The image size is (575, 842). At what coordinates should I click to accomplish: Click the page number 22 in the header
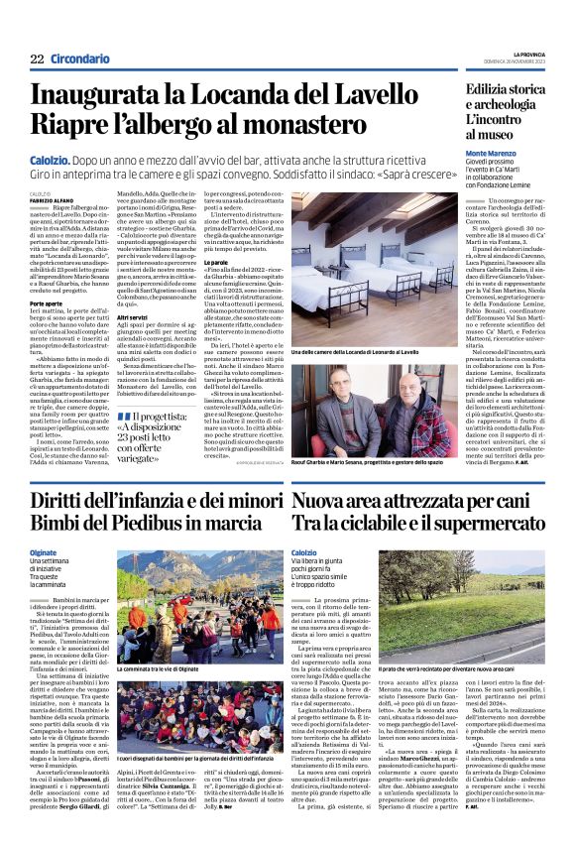(38, 59)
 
